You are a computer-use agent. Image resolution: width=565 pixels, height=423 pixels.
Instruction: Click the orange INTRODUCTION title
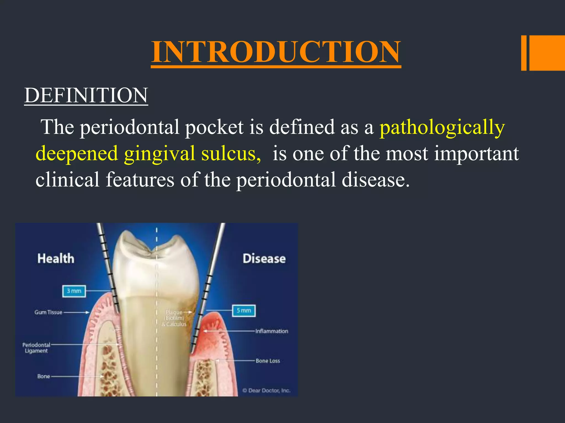[x=276, y=52]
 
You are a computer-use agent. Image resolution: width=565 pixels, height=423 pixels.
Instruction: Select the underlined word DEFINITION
[x=86, y=95]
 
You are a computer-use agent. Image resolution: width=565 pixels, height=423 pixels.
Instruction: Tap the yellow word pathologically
[x=442, y=127]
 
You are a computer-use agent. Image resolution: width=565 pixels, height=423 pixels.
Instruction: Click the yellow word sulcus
[x=231, y=154]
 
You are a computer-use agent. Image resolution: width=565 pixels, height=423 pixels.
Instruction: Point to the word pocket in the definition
[x=214, y=127]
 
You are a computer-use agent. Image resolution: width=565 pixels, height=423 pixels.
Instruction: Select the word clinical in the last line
[x=67, y=180]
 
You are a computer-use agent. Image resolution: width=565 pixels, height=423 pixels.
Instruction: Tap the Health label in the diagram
[x=56, y=259]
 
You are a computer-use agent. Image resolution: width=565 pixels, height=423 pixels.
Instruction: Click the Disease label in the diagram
[x=264, y=259]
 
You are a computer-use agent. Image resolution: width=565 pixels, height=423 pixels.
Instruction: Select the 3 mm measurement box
[x=74, y=291]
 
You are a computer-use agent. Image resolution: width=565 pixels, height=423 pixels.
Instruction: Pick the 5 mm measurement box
[x=244, y=311]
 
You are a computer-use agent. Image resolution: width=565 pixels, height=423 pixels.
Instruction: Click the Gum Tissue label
[x=48, y=312]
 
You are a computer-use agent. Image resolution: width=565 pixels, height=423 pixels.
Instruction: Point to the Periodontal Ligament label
[x=36, y=348]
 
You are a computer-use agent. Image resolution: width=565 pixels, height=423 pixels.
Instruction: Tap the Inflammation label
[x=271, y=331]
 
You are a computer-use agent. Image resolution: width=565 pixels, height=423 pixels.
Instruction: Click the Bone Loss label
[x=268, y=361]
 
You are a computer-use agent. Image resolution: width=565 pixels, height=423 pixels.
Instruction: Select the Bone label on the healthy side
[x=44, y=376]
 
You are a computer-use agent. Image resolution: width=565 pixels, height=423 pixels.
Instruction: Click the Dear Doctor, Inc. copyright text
[x=266, y=391]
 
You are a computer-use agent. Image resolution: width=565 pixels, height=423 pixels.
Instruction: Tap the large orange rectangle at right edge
[x=547, y=53]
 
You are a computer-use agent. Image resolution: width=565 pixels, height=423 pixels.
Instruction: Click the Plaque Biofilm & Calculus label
[x=174, y=318]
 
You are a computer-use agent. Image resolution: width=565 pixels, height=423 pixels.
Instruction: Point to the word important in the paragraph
[x=476, y=154]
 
